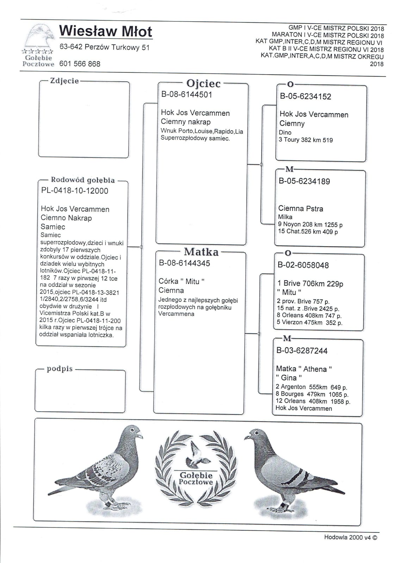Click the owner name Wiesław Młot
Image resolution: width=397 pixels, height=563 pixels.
coord(105,31)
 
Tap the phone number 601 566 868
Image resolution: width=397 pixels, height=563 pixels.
coord(80,64)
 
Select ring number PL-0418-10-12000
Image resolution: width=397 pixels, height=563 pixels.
coord(75,191)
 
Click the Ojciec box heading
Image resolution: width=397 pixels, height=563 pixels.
coord(203,83)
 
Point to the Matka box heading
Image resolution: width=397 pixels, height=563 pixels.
coord(201,252)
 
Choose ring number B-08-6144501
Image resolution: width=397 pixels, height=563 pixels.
coord(187,94)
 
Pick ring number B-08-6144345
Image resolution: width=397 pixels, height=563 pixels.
coord(185,263)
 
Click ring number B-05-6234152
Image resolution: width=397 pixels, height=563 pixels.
coord(305,96)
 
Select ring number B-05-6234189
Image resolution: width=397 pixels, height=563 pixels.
coord(304,181)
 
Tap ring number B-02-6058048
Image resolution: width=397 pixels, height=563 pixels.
coord(303,265)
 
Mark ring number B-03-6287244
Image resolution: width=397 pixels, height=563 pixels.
coord(302,351)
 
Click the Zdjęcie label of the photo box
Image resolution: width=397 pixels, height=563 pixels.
coord(64,81)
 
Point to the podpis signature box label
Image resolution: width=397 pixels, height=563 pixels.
coord(60,369)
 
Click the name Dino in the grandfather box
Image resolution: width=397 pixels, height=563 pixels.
coord(285,132)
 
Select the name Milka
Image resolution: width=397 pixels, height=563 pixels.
coord(285,217)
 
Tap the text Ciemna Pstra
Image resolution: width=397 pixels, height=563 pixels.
coord(300,208)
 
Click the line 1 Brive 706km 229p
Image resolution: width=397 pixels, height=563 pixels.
coord(310,284)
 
